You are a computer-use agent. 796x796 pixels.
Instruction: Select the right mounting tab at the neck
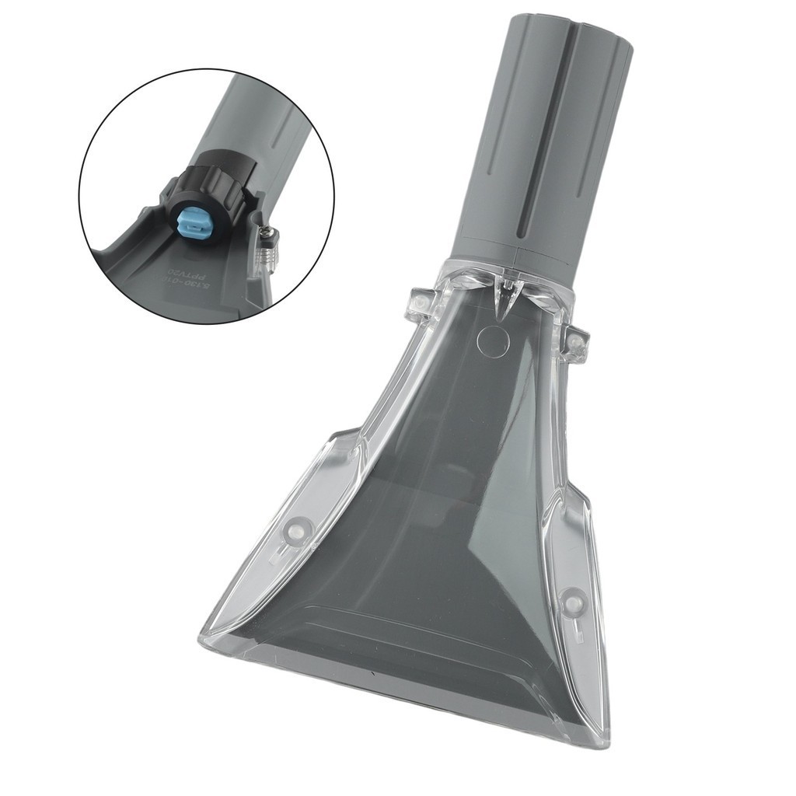pyautogui.click(x=577, y=342)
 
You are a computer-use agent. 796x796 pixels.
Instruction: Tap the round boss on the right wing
pyautogui.click(x=573, y=600)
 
